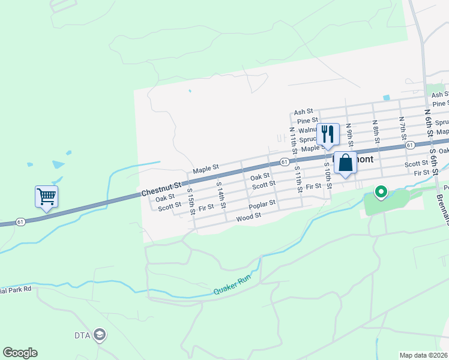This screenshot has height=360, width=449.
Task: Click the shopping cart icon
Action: [47, 196]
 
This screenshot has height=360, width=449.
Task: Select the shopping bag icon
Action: [345, 163]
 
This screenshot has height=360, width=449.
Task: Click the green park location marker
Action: [380, 193]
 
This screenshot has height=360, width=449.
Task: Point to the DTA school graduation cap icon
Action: [100, 335]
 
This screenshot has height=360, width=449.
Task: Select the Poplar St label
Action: [263, 204]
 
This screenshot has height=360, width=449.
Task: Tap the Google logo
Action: [20, 353]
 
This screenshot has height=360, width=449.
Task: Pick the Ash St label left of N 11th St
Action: [304, 112]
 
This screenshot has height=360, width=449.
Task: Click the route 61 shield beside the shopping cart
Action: [20, 221]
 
